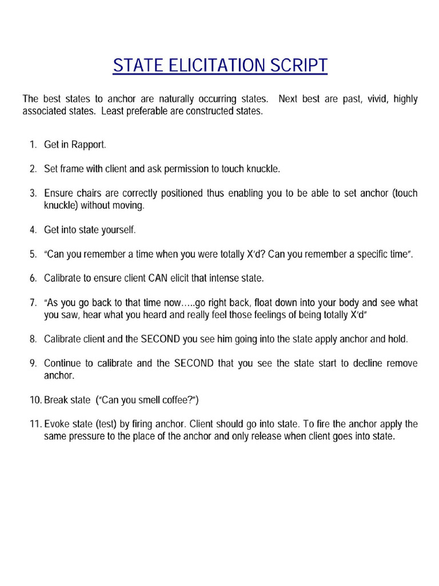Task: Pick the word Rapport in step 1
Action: click(x=89, y=145)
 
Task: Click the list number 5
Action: click(x=33, y=254)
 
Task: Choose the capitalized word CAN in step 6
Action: click(x=158, y=278)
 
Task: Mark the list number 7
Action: click(x=33, y=303)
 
